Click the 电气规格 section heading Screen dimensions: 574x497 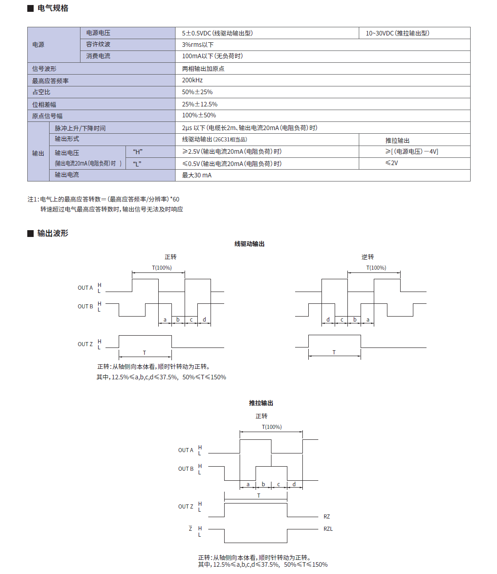click(x=53, y=8)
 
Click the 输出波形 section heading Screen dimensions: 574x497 click(x=53, y=233)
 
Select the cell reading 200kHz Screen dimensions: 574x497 click(x=192, y=80)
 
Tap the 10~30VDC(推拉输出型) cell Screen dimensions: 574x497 click(x=397, y=33)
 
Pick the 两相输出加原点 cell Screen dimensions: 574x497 click(x=203, y=69)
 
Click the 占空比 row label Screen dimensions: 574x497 click(x=41, y=92)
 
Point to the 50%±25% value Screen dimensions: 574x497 click(x=197, y=92)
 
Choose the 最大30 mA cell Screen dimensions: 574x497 click(x=197, y=175)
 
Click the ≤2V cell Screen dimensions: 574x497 click(x=392, y=163)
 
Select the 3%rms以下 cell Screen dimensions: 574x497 click(x=198, y=45)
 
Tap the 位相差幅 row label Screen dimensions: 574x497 click(x=44, y=105)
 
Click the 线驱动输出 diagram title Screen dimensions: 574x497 click(x=249, y=244)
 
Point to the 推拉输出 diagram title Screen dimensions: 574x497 click(x=261, y=403)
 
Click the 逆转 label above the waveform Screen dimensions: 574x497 click(x=367, y=257)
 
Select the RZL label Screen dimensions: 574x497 click(x=328, y=529)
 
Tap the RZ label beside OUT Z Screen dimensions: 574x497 click(x=327, y=517)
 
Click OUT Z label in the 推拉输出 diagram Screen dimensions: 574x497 click(x=186, y=507)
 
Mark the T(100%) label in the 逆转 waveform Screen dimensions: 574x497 click(x=376, y=268)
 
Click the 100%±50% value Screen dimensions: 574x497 click(x=199, y=116)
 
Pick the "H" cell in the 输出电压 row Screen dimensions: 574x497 click(x=138, y=152)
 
